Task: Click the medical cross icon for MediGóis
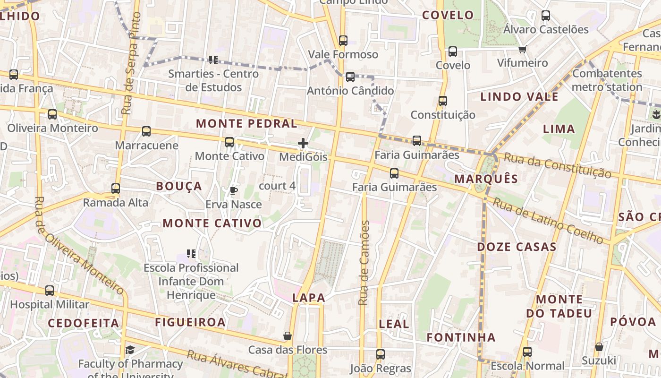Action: point(303,143)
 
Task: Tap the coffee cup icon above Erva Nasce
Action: point(233,190)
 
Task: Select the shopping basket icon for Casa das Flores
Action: point(287,336)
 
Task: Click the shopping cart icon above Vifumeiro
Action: point(522,49)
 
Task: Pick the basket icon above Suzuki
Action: point(599,347)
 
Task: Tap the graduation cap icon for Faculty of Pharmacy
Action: point(130,350)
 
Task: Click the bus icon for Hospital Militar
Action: point(50,291)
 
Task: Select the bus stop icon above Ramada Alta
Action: point(116,189)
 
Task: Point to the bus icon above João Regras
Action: point(381,354)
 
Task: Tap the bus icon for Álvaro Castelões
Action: point(546,16)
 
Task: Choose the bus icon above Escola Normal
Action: point(527,352)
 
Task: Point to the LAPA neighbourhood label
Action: point(309,298)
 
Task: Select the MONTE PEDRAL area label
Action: point(246,124)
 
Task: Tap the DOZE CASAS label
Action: point(517,247)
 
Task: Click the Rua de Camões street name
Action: point(364,263)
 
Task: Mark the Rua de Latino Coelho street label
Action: point(548,221)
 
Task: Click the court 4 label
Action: point(277,186)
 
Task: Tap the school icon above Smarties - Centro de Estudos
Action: point(213,60)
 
